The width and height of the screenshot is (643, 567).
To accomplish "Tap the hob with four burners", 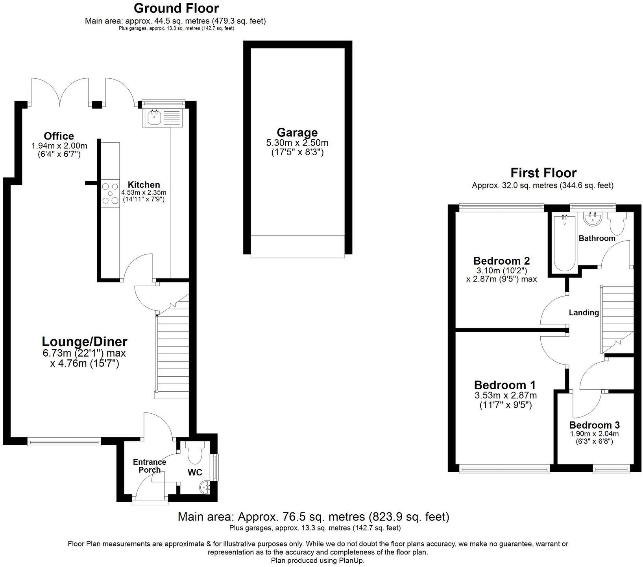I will [110, 193].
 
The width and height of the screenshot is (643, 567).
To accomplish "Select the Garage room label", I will [297, 133].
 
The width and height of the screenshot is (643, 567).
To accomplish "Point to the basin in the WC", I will [205, 487].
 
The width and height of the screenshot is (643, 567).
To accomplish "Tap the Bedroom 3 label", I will [594, 425].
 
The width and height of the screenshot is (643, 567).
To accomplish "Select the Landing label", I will [584, 313].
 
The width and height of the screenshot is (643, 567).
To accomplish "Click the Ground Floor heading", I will [176, 8].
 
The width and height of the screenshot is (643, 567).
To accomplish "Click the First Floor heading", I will [543, 173].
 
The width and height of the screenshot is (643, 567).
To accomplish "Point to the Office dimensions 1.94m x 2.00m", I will [59, 146].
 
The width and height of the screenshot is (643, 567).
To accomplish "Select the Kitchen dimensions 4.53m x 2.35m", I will [144, 193].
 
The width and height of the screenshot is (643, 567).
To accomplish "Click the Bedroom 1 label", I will [505, 385].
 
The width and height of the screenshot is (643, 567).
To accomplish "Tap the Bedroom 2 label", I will [501, 261].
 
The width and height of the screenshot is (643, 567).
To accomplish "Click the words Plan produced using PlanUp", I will [318, 560].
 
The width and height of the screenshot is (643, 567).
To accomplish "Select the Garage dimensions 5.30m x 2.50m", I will [297, 143].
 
